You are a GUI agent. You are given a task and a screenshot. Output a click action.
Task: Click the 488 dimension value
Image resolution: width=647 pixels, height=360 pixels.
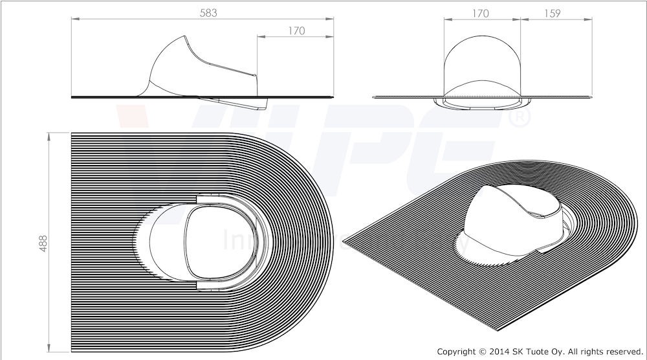(43, 240)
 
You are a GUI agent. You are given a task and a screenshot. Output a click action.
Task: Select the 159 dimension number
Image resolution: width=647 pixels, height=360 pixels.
(552, 12)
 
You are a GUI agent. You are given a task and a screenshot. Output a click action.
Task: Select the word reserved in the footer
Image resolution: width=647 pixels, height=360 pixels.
(622, 352)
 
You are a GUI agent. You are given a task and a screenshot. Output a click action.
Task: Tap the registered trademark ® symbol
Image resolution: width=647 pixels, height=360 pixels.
(521, 117)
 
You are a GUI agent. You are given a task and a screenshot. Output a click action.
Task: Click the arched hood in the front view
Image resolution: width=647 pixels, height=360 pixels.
(482, 62)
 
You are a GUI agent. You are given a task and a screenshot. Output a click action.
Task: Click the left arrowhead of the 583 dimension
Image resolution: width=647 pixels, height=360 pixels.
(73, 19)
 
